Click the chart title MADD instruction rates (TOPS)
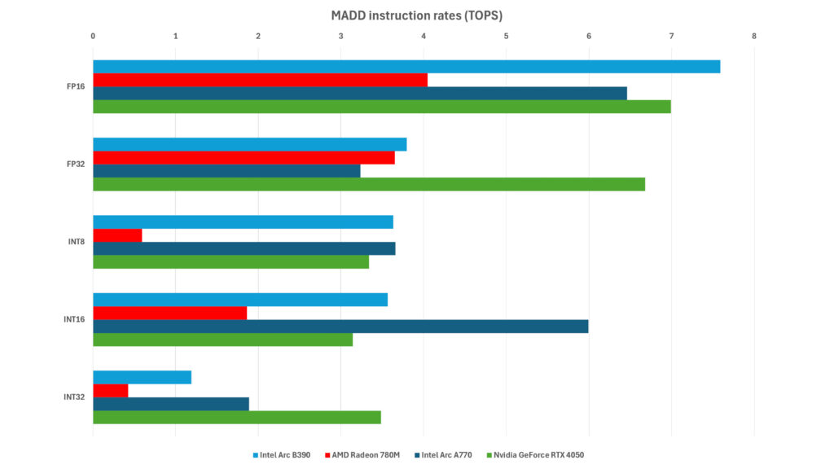click(x=416, y=15)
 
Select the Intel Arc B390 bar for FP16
click(x=406, y=67)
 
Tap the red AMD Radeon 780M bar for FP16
click(x=260, y=80)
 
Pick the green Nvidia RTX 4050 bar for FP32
click(x=369, y=184)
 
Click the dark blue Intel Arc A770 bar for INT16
click(x=340, y=327)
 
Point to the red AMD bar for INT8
click(x=117, y=235)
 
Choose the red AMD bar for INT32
click(x=111, y=391)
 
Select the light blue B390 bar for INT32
click(x=142, y=377)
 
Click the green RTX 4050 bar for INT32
click(x=237, y=417)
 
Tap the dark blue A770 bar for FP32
click(x=226, y=171)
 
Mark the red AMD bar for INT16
click(x=169, y=313)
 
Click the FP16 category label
click(x=76, y=86)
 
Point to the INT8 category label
click(x=76, y=242)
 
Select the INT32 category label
click(x=74, y=397)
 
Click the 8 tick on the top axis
click(x=754, y=36)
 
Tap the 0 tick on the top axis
click(x=93, y=36)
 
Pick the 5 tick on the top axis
click(x=506, y=36)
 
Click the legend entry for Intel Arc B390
click(x=284, y=454)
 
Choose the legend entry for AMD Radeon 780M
click(x=367, y=454)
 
